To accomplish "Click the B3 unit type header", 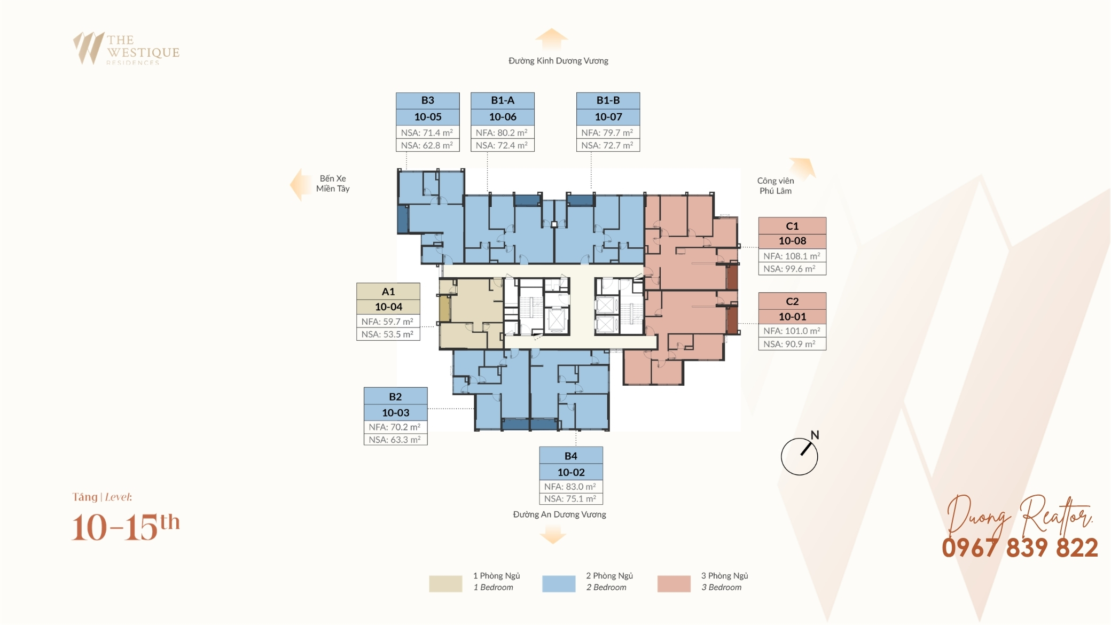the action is click(x=427, y=100).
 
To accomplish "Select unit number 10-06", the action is click(x=503, y=117).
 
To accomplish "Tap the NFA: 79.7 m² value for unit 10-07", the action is click(x=608, y=132).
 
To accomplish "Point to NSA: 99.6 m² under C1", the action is click(x=792, y=269).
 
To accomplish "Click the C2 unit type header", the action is click(x=792, y=301).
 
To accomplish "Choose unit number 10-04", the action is click(x=388, y=307).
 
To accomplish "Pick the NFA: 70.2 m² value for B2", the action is click(x=395, y=427).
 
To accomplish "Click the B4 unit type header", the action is click(x=571, y=456).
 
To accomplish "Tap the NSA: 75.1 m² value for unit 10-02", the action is click(x=571, y=499).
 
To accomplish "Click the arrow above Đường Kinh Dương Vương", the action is click(x=551, y=39).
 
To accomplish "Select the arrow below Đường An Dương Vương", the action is click(x=553, y=534).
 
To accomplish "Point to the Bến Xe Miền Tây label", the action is click(x=333, y=183).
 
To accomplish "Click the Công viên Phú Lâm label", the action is click(x=776, y=186).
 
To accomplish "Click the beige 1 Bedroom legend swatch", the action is click(x=445, y=583).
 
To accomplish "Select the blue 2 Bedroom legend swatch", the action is click(x=559, y=583).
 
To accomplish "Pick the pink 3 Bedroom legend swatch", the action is click(x=674, y=583).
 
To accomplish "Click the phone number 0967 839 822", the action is click(x=1020, y=548).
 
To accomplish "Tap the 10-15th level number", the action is click(x=126, y=527).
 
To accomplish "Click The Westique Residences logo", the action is click(x=127, y=49).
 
